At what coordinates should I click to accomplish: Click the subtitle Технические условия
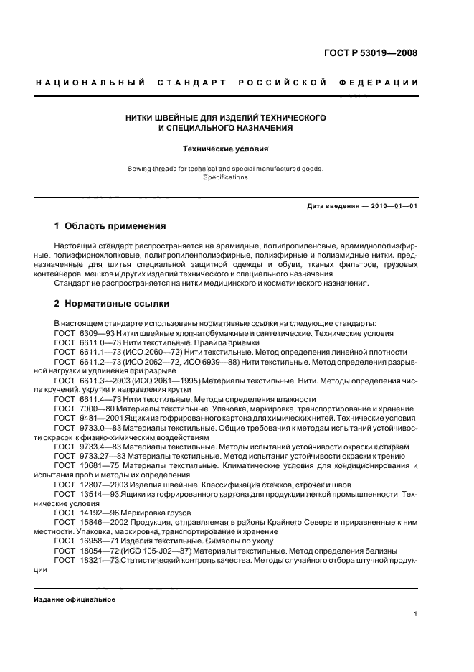[227, 150]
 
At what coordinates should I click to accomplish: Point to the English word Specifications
[227, 177]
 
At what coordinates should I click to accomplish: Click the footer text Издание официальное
[75, 599]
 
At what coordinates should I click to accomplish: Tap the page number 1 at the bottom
[417, 614]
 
